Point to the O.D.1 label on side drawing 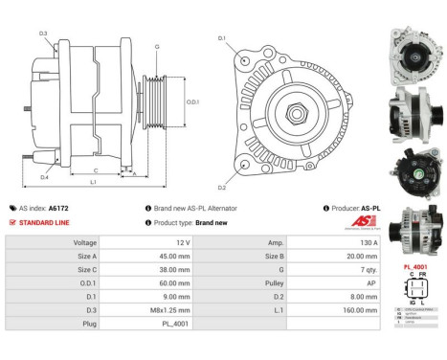coord(191,102)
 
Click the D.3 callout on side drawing coord(44,34)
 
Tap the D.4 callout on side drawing coord(44,177)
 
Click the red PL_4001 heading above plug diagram coord(415,266)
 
